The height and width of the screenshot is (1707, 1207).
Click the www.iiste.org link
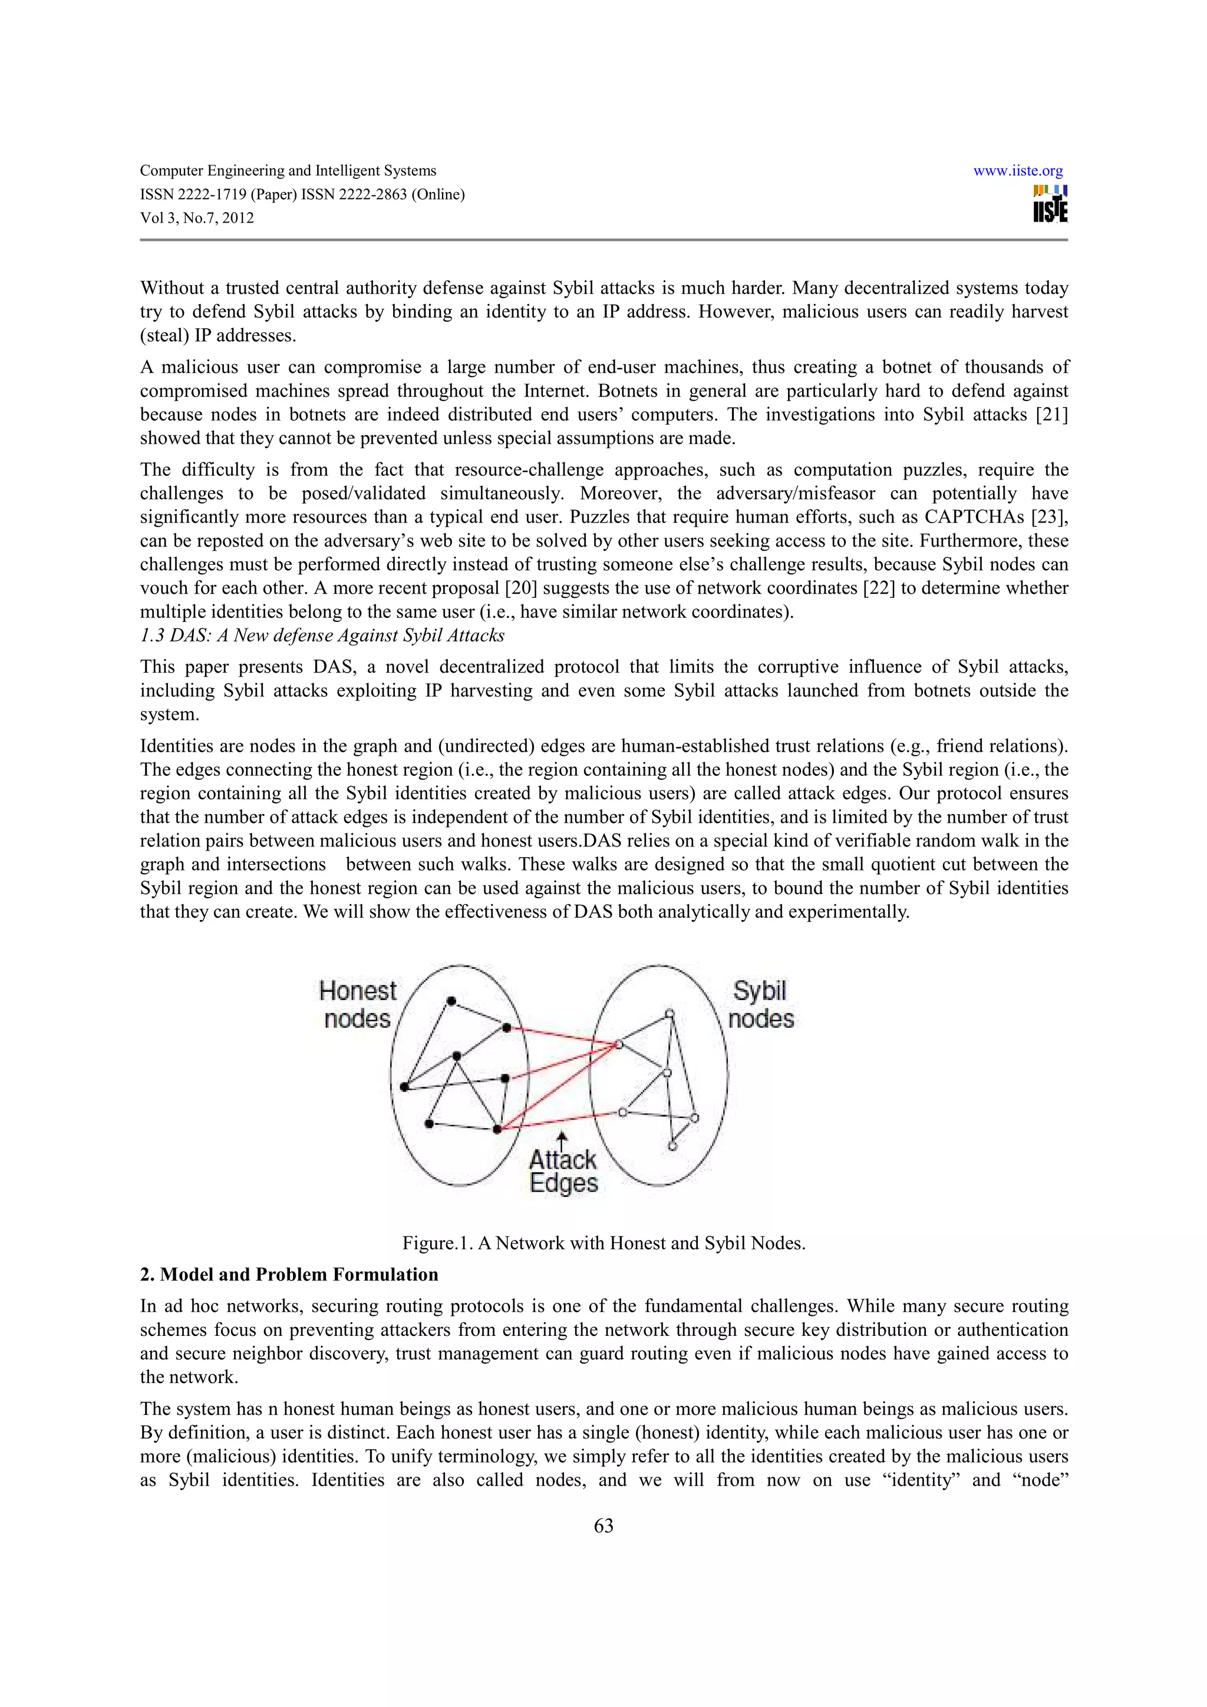pyautogui.click(x=1017, y=171)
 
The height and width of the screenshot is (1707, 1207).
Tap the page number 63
pyautogui.click(x=603, y=1526)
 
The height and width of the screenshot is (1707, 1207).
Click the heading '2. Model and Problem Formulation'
pyautogui.click(x=289, y=1274)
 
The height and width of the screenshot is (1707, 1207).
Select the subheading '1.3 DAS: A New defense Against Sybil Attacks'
pyautogui.click(x=322, y=636)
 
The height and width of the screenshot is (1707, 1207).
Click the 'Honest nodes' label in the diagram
pyautogui.click(x=357, y=1004)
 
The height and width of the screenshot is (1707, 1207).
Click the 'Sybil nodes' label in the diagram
pyautogui.click(x=760, y=1004)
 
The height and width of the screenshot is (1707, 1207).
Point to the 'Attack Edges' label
pyautogui.click(x=563, y=1171)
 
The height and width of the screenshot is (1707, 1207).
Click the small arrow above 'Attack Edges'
pyautogui.click(x=562, y=1138)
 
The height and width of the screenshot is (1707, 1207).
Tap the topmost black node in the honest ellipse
pyautogui.click(x=451, y=1001)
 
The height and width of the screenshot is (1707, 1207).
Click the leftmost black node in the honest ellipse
pyautogui.click(x=404, y=1087)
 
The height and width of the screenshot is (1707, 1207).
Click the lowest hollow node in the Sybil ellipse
pyautogui.click(x=672, y=1146)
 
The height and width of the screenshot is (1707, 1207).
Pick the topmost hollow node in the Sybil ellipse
pyautogui.click(x=670, y=1013)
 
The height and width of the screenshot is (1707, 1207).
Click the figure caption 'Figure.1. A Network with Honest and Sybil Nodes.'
pyautogui.click(x=603, y=1243)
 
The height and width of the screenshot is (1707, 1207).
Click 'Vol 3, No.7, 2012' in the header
pyautogui.click(x=197, y=219)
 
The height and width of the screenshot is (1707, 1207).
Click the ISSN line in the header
pyautogui.click(x=302, y=195)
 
